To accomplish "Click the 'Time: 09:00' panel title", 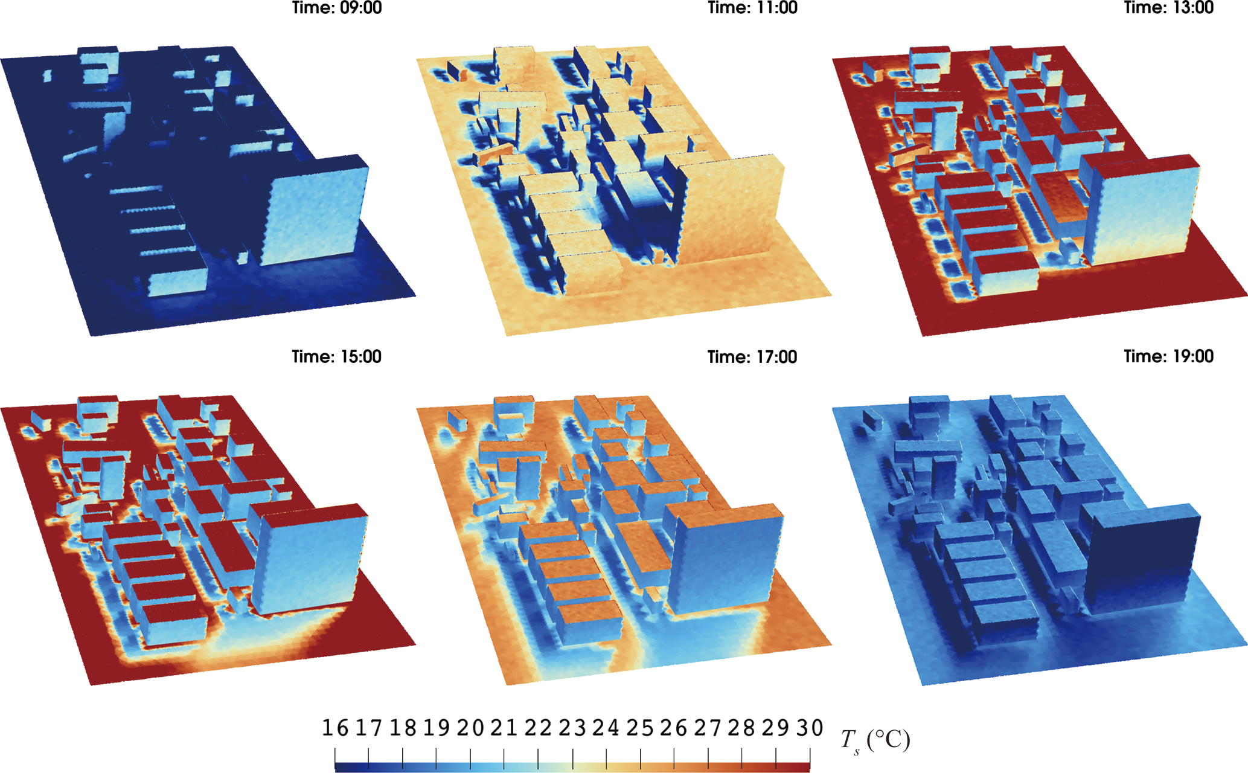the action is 337,8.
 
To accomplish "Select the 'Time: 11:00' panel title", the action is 752,8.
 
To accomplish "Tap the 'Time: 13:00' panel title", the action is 1168,8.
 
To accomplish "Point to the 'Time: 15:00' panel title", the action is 337,357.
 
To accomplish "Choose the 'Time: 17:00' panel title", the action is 752,357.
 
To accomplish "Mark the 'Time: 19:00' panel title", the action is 1168,357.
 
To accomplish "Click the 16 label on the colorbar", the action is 335,728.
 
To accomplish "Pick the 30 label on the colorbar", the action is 810,728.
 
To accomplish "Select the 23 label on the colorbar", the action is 572,728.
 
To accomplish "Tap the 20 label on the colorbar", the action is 470,728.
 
